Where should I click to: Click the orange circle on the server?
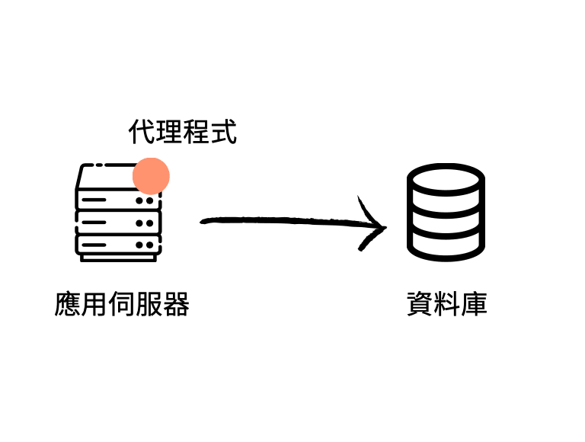pyautogui.click(x=151, y=176)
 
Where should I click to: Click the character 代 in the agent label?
pyautogui.click(x=141, y=132)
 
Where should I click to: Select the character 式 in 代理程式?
pyautogui.click(x=223, y=132)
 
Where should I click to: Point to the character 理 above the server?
pyautogui.click(x=168, y=132)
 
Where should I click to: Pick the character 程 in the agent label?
pyautogui.click(x=196, y=132)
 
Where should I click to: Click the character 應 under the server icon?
pyautogui.click(x=68, y=304)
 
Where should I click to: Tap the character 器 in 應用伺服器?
pyautogui.click(x=176, y=304)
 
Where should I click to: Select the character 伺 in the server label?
pyautogui.click(x=122, y=304)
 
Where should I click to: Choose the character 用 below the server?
pyautogui.click(x=94, y=304)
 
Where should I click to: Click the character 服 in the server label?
pyautogui.click(x=149, y=304)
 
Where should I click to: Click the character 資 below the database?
pyautogui.click(x=420, y=304)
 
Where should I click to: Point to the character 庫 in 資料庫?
pyautogui.click(x=474, y=304)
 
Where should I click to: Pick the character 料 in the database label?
pyautogui.click(x=446, y=304)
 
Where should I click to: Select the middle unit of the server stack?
pyautogui.click(x=119, y=223)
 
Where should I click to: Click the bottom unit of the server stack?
pyautogui.click(x=119, y=245)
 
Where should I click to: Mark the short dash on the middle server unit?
pyautogui.click(x=92, y=223)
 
